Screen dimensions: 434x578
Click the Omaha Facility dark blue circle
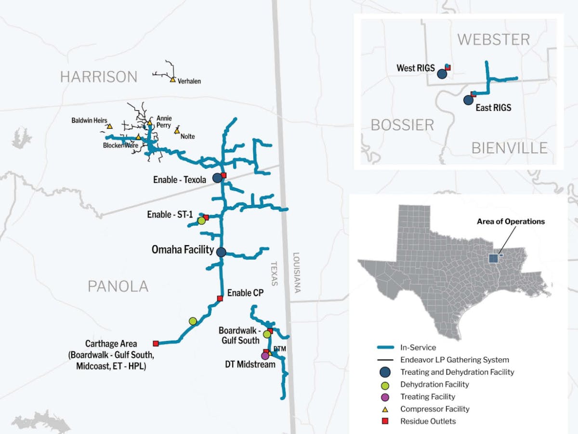(x=221, y=252)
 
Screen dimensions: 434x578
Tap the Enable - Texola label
(x=180, y=180)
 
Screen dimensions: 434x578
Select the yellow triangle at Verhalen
(x=172, y=79)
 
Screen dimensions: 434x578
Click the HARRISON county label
(x=99, y=77)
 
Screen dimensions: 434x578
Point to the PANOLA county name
(x=118, y=287)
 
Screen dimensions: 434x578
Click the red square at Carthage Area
(x=156, y=343)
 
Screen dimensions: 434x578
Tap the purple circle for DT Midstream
(x=264, y=356)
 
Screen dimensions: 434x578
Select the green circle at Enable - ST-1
(x=201, y=221)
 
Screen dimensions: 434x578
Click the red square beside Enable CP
(x=220, y=299)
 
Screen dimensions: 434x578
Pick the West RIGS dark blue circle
(x=442, y=74)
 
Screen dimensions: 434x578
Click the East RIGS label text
(x=493, y=107)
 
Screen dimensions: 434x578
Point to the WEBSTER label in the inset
(x=493, y=39)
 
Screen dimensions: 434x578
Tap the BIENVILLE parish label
(x=509, y=148)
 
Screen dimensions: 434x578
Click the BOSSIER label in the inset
(x=402, y=125)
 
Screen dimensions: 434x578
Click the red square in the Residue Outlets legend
(x=385, y=421)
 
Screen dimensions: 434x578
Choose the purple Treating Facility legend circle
(x=385, y=397)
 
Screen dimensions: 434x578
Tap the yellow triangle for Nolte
(x=177, y=131)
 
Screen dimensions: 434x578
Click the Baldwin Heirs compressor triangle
(x=110, y=126)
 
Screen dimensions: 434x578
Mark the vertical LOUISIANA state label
(x=297, y=273)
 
